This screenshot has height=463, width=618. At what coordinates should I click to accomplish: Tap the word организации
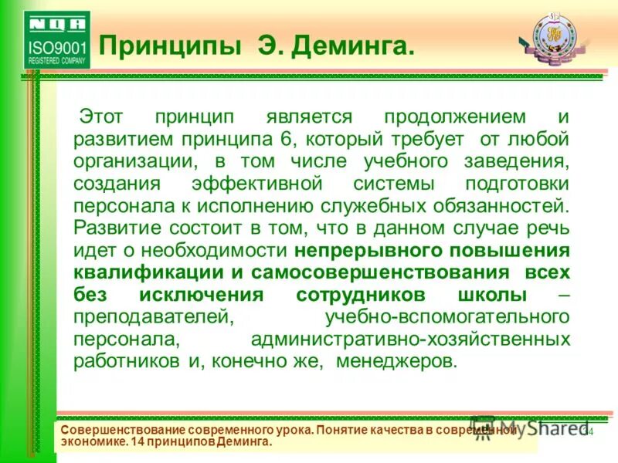(125, 162)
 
